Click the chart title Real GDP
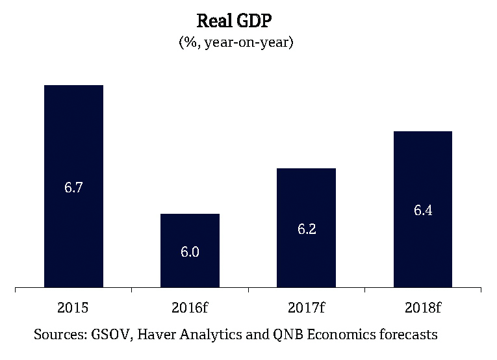236,21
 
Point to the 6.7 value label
73,188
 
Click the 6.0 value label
190,252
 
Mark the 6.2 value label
306,229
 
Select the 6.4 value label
422,211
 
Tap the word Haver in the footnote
159,335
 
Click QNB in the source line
301,335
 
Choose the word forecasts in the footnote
410,335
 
